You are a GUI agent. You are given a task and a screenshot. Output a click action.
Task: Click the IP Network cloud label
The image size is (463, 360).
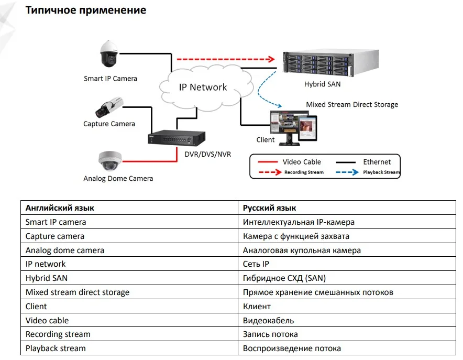point(203,88)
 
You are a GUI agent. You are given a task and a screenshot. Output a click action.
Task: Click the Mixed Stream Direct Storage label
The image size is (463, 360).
point(352,105)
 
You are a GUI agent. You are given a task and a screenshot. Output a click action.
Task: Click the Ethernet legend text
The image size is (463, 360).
point(377,162)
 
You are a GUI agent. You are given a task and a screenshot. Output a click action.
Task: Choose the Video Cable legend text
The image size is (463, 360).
point(302,162)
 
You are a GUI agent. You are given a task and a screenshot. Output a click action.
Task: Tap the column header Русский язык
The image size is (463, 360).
point(269,208)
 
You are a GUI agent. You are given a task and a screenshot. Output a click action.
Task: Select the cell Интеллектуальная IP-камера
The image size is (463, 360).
point(299,222)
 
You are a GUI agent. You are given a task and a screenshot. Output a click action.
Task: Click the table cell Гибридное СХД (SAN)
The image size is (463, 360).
point(284,278)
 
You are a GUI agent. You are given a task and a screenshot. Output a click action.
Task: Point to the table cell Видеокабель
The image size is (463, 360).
point(268,320)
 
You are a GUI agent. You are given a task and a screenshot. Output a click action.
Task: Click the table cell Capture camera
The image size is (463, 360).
point(55,236)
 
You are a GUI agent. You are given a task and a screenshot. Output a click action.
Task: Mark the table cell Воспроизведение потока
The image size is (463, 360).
point(292,348)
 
